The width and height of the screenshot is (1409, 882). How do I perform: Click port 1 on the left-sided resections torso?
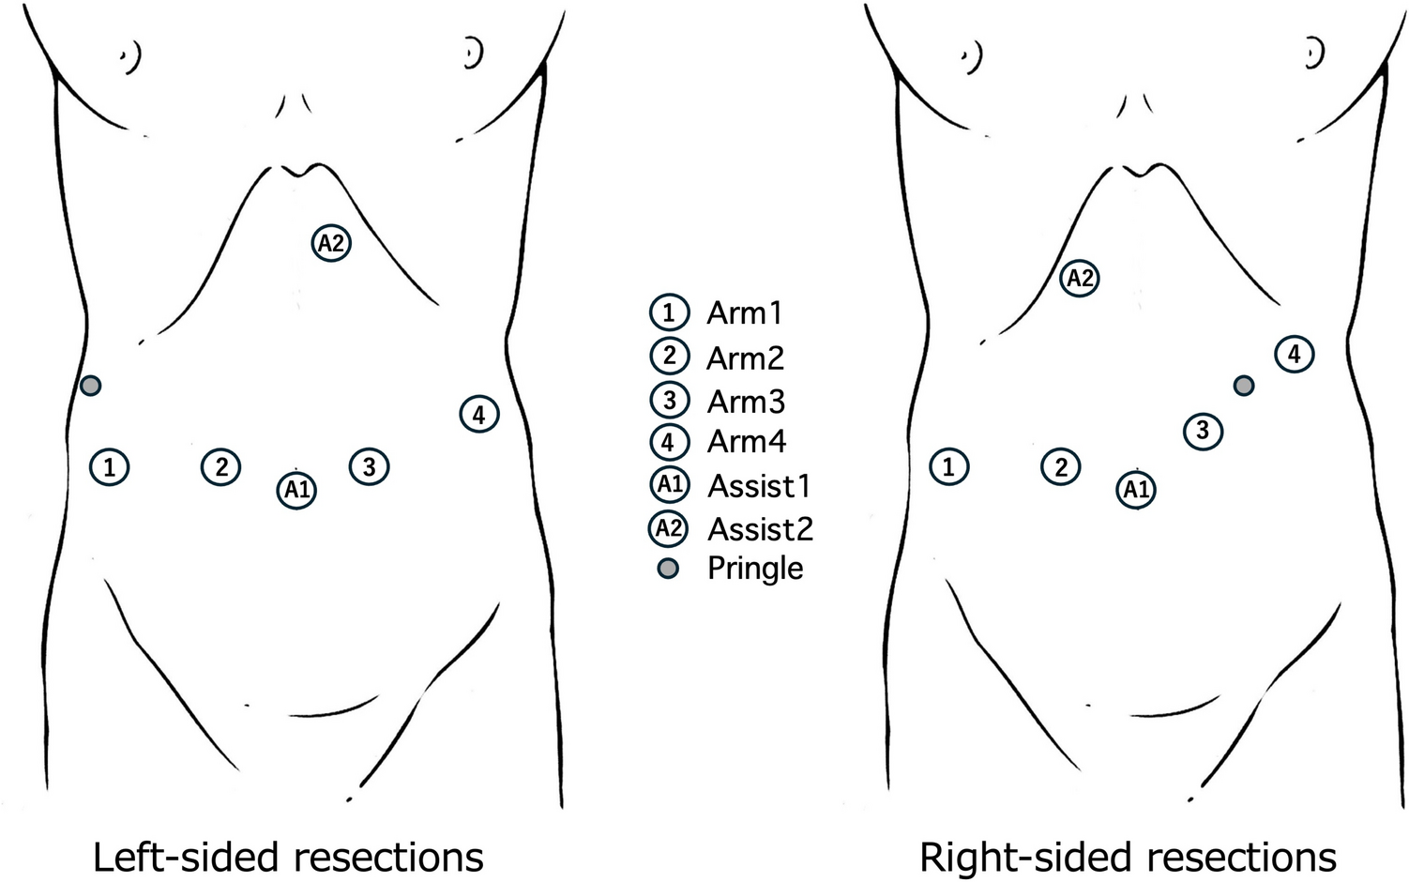tap(110, 466)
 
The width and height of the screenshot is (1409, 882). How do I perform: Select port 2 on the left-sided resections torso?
tap(221, 466)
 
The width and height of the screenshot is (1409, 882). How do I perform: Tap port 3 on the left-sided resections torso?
tap(369, 466)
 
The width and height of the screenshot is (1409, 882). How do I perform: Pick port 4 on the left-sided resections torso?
tap(479, 414)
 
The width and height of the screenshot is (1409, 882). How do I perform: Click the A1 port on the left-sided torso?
tap(296, 490)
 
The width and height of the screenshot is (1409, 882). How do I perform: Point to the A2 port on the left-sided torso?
tap(331, 243)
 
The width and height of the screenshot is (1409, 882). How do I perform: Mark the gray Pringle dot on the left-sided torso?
tap(90, 385)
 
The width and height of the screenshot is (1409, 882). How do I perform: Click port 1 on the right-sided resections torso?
tap(948, 466)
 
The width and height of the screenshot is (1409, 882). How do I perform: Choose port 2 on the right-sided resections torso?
tap(1061, 466)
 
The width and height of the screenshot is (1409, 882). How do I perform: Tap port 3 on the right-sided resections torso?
tap(1203, 431)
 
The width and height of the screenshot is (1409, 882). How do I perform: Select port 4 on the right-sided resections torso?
tap(1295, 355)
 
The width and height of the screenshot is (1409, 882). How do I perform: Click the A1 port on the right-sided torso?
tap(1136, 490)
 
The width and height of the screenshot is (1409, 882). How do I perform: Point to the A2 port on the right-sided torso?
tap(1080, 278)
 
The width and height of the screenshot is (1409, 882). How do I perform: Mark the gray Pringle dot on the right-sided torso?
tap(1244, 385)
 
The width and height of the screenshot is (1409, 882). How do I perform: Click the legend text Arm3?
tap(746, 402)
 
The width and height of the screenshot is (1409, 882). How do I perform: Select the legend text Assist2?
tap(760, 529)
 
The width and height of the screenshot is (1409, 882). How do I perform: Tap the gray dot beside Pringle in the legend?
tap(668, 568)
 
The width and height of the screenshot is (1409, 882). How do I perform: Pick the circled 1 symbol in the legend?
tap(669, 312)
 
